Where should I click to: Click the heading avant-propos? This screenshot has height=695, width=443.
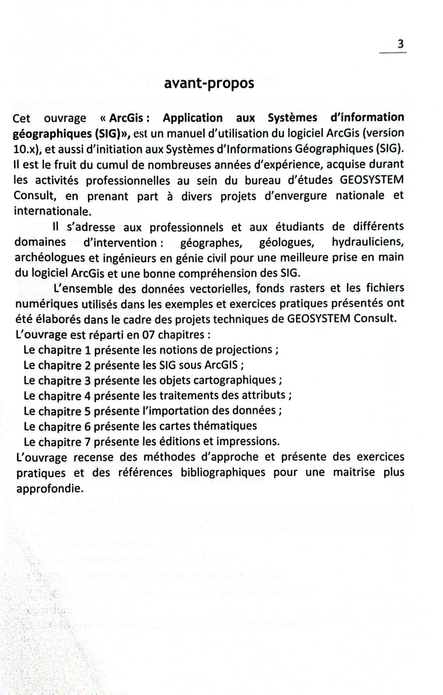(x=209, y=84)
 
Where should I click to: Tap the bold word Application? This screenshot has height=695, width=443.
(x=193, y=118)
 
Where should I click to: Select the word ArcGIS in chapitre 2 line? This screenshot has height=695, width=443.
(x=221, y=365)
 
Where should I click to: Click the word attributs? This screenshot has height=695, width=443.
(x=263, y=395)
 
